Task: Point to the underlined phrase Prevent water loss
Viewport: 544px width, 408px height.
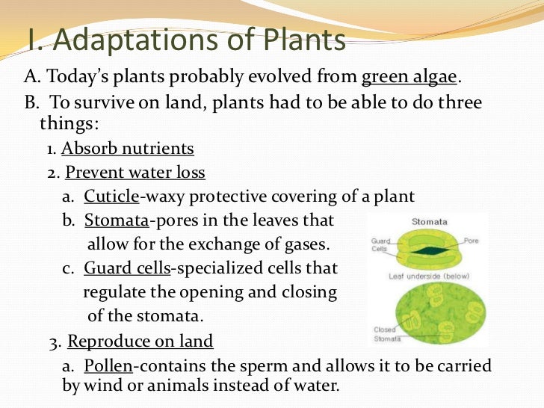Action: (135, 173)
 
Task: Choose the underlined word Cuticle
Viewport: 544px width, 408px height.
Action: (111, 197)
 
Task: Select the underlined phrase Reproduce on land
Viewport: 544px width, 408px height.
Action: (140, 341)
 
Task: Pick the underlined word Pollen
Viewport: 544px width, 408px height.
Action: (109, 366)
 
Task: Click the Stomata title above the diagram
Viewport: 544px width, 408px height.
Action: (430, 221)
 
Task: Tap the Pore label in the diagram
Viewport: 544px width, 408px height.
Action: (472, 241)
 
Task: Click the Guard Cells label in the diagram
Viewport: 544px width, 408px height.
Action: (380, 244)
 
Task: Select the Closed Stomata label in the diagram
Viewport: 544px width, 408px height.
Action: (386, 334)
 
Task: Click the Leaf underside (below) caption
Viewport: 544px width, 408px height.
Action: (428, 276)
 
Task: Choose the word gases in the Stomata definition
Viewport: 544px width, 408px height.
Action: (306, 244)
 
